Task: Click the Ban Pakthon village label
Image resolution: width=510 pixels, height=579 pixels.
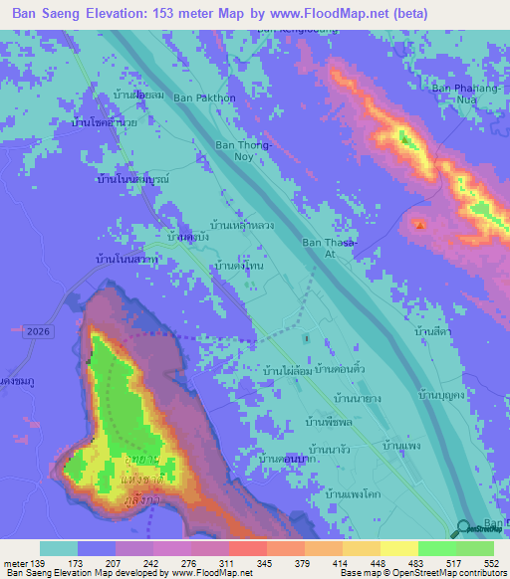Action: (x=204, y=98)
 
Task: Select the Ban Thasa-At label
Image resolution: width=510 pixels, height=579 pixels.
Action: (x=327, y=248)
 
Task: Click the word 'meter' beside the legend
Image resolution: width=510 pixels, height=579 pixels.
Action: (x=15, y=563)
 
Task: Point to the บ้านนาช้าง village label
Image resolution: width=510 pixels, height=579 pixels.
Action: (x=335, y=449)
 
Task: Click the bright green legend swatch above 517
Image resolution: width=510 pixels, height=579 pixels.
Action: (x=437, y=548)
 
